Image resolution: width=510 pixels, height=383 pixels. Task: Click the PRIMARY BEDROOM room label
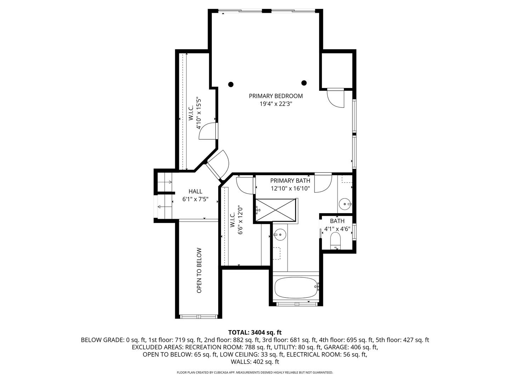coord(276,96)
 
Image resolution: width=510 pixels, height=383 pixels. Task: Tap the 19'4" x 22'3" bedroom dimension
coord(276,104)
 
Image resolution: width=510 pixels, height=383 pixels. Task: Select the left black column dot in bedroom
coord(231,84)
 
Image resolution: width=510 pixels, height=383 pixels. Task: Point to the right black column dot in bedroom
coord(304,83)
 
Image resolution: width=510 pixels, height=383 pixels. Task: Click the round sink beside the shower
coord(280,234)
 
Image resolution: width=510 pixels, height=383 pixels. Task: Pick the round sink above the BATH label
coord(345,204)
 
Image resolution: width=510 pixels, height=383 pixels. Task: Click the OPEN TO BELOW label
coord(199,270)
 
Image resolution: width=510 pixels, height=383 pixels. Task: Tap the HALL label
coord(195,191)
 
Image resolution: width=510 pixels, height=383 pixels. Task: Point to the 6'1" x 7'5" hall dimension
coord(195,199)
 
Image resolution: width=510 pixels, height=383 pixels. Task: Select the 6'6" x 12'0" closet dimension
coord(240,220)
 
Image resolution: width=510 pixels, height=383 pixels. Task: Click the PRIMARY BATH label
coord(290,181)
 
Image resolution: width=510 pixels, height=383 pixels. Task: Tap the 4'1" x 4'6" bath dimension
coord(337,229)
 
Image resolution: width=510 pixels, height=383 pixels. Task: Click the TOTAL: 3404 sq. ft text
coord(255,332)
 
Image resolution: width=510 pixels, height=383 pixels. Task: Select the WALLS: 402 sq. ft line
coord(255,362)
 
